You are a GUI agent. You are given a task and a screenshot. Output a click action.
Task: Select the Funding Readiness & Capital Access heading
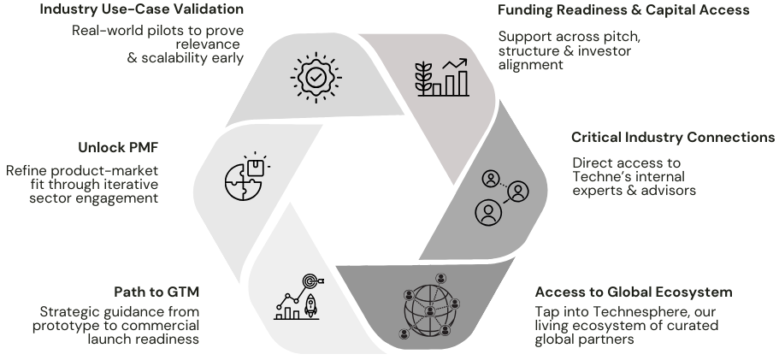click(623, 10)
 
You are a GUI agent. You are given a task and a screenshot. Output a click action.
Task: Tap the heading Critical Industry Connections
click(673, 138)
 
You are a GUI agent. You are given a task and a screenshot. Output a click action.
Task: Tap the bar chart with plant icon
click(441, 76)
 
